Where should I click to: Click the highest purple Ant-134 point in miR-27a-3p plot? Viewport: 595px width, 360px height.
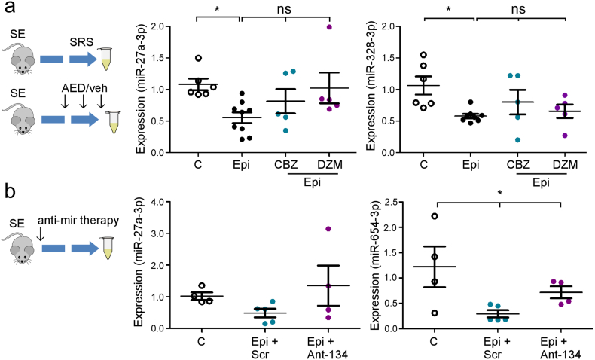coord(328,228)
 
